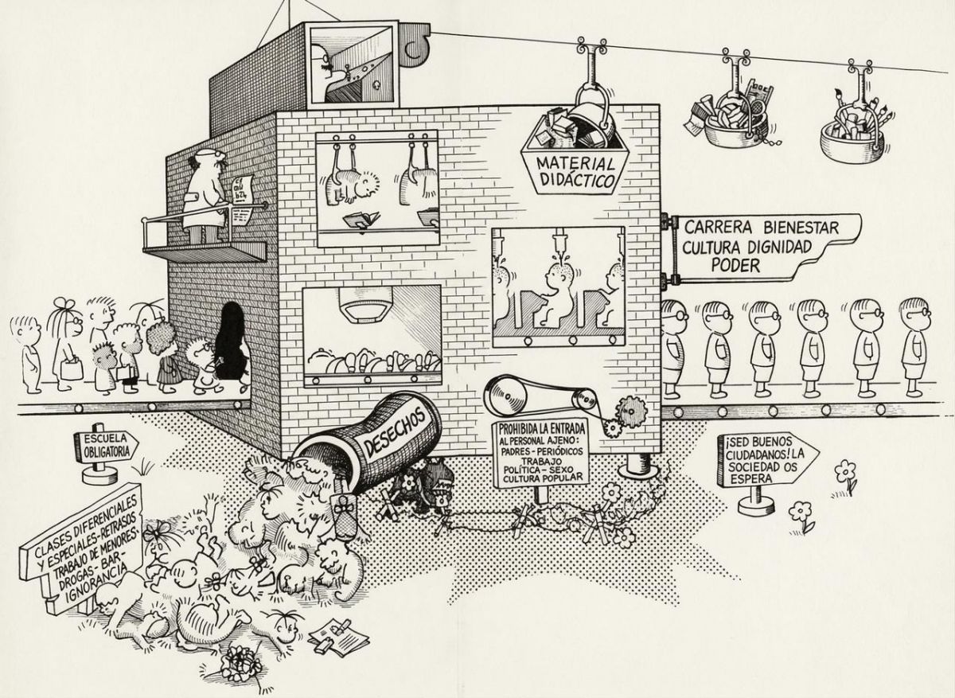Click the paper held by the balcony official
coord(243,193)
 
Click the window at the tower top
coord(350,61)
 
